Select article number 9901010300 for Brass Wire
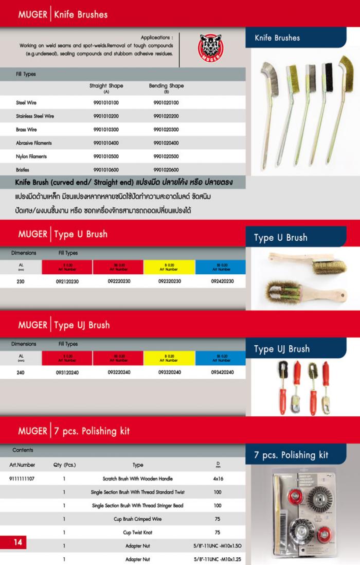[x=106, y=129]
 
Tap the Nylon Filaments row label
[x=31, y=156]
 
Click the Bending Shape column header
[x=166, y=87]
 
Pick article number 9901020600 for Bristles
[x=166, y=169]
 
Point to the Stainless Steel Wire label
[x=35, y=116]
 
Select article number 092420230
[x=222, y=281]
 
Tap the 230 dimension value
[x=21, y=281]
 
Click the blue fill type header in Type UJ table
[x=222, y=358]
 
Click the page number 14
[x=17, y=542]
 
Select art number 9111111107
[x=22, y=479]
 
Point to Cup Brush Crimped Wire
[x=138, y=519]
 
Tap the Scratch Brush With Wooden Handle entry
[x=138, y=479]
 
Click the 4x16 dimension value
[x=218, y=479]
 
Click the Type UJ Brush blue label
[x=282, y=349]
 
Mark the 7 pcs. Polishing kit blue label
[x=291, y=455]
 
